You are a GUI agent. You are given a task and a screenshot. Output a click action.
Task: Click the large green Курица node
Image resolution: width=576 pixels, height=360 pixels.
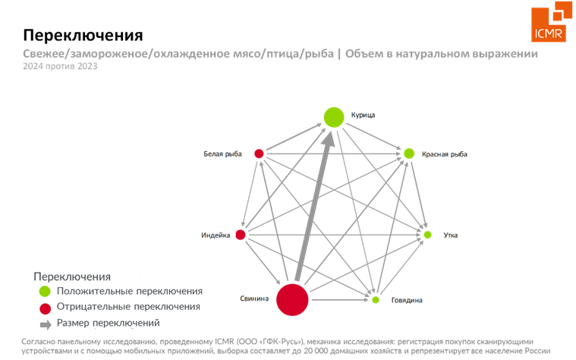point(334,117)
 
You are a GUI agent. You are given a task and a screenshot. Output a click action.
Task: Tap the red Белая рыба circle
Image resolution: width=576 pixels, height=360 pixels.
point(260,154)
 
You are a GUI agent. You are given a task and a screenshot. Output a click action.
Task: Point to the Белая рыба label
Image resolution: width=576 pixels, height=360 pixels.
point(222,154)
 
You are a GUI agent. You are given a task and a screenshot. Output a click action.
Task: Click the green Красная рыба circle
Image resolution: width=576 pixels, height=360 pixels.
point(409,154)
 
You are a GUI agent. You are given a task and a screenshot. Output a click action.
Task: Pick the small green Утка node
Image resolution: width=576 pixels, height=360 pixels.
point(427,235)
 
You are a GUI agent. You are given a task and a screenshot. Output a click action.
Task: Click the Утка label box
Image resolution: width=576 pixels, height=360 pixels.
point(450,235)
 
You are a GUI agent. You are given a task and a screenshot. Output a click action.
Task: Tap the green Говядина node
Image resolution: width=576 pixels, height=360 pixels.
point(376,300)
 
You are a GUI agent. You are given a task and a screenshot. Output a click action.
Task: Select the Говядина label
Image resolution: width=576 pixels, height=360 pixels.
point(406,301)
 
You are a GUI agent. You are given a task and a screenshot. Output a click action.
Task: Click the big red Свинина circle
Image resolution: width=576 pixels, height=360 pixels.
point(292,299)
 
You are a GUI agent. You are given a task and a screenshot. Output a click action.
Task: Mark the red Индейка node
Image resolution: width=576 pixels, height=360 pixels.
point(241,235)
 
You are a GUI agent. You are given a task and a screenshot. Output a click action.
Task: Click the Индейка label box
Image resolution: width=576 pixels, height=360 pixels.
point(216,235)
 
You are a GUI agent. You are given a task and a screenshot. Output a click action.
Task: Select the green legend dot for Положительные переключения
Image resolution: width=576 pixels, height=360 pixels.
point(46,291)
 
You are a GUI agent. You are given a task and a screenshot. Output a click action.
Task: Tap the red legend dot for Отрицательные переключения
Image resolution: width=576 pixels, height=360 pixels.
point(46,308)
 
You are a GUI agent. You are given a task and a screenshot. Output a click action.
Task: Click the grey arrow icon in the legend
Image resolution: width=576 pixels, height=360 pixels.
point(46,324)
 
